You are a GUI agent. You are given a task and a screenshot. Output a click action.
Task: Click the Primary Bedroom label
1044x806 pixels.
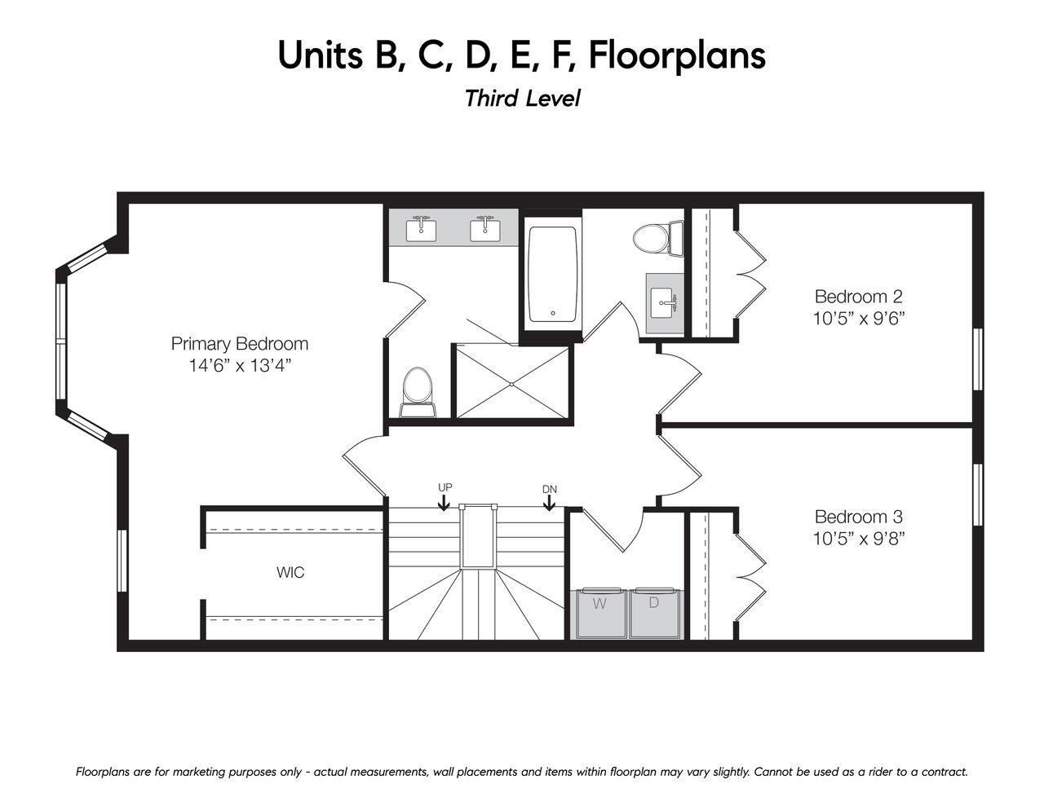click(239, 344)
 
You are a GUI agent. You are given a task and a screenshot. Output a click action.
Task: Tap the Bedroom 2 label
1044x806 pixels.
click(858, 297)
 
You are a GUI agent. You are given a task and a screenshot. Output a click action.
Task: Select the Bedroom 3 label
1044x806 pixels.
click(858, 517)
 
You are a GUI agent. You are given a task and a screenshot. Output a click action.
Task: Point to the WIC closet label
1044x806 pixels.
click(290, 572)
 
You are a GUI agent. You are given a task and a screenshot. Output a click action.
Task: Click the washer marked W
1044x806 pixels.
click(599, 613)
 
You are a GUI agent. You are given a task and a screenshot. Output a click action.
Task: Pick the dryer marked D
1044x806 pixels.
click(654, 613)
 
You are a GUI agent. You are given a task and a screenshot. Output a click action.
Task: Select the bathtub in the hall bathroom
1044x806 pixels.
click(552, 275)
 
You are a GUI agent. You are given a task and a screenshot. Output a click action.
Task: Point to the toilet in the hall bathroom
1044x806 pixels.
click(657, 239)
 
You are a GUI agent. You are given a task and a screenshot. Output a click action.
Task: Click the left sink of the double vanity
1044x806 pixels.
click(422, 230)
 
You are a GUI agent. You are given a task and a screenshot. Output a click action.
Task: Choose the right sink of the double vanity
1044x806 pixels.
click(485, 230)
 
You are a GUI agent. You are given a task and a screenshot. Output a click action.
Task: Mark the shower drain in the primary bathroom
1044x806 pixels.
click(512, 384)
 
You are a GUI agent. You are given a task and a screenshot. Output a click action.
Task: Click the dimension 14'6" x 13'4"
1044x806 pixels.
click(240, 366)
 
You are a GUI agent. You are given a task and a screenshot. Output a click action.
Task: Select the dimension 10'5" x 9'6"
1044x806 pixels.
click(859, 319)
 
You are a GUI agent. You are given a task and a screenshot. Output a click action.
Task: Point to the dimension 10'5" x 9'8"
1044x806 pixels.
click(859, 539)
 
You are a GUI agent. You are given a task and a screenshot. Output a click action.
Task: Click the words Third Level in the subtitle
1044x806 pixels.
click(522, 98)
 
